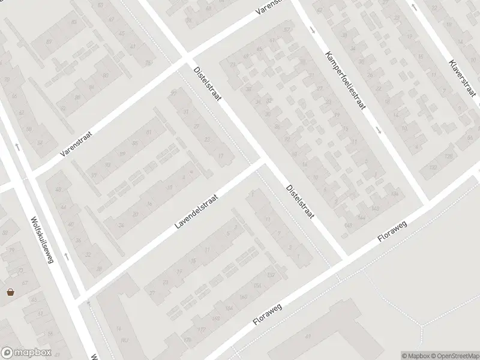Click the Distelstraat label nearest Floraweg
[299, 201]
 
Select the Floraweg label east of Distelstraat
[392, 230]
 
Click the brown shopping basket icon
[11, 292]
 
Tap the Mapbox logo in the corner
[26, 353]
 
